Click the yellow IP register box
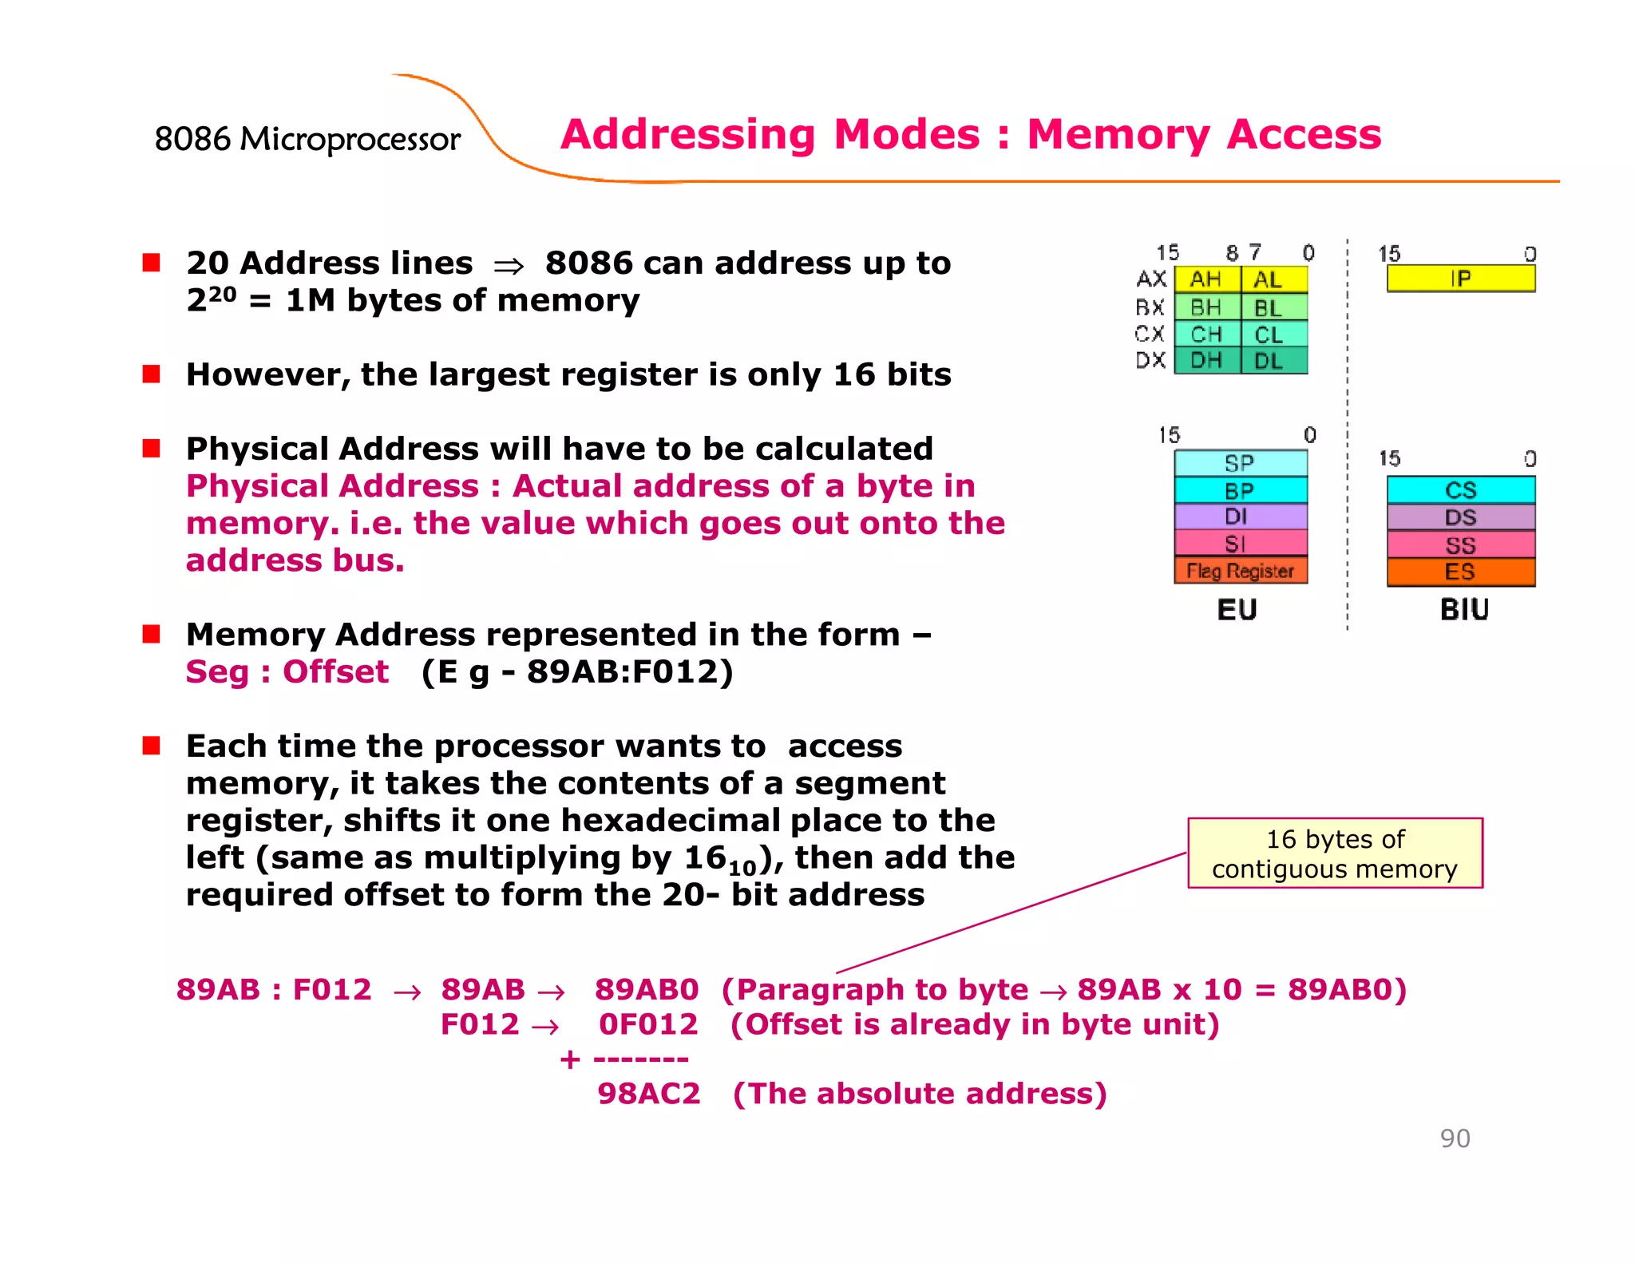(x=1460, y=279)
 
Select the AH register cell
(x=1206, y=279)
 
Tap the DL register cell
(x=1273, y=361)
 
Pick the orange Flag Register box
(x=1240, y=571)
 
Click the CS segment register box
(x=1460, y=489)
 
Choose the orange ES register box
(x=1460, y=572)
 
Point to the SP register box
(x=1240, y=463)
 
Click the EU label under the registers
(x=1237, y=610)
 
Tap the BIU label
(x=1463, y=610)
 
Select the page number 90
(x=1455, y=1138)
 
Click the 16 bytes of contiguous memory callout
(x=1334, y=853)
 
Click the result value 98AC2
(x=648, y=1093)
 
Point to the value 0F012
(x=648, y=1023)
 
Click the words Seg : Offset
(x=287, y=671)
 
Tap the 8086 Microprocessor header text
(x=307, y=139)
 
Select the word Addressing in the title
(x=687, y=134)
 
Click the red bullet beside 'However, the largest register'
(x=152, y=374)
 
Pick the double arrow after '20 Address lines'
(x=509, y=266)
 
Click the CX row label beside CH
(x=1150, y=334)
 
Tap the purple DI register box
(x=1240, y=517)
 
